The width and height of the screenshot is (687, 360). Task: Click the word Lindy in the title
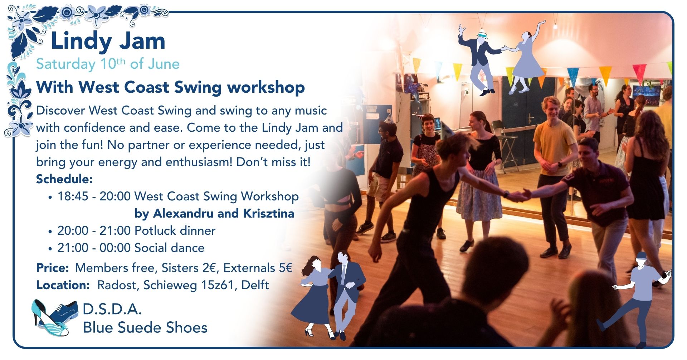click(82, 42)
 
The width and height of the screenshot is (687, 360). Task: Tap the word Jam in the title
click(142, 41)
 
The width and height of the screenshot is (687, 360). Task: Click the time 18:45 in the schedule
click(73, 196)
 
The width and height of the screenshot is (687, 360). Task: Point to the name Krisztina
click(269, 214)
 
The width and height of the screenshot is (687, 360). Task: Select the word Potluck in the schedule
click(156, 231)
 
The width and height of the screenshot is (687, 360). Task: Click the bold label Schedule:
click(64, 179)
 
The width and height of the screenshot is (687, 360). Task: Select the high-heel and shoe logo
click(54, 317)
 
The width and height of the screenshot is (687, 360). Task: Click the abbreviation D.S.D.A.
click(112, 309)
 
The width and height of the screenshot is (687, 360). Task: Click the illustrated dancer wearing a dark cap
click(639, 297)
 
